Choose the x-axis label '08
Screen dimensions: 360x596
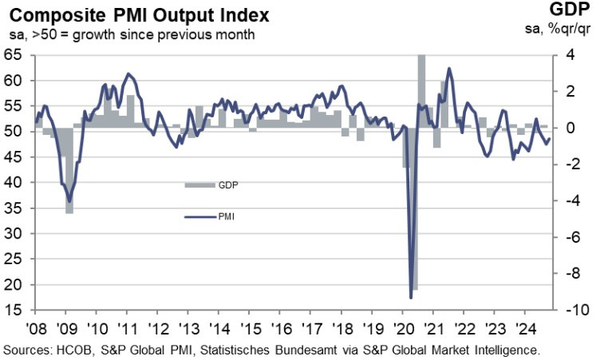[34, 328]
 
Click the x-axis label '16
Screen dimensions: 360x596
[282, 328]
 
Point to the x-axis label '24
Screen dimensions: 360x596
[529, 328]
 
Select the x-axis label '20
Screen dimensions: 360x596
[405, 328]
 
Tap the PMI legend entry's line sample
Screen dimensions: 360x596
[199, 216]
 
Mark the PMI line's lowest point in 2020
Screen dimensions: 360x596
[411, 298]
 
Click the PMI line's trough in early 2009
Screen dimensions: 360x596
[69, 200]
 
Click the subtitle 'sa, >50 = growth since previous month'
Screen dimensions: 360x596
[132, 34]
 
